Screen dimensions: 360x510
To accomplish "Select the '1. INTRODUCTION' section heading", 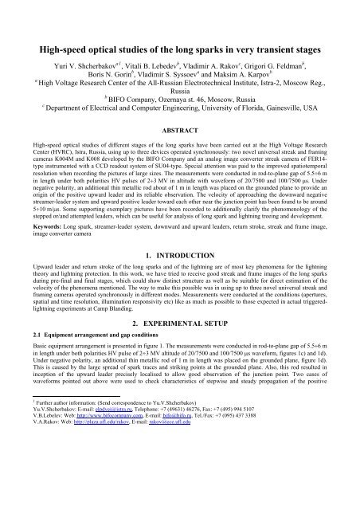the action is click(180, 299).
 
